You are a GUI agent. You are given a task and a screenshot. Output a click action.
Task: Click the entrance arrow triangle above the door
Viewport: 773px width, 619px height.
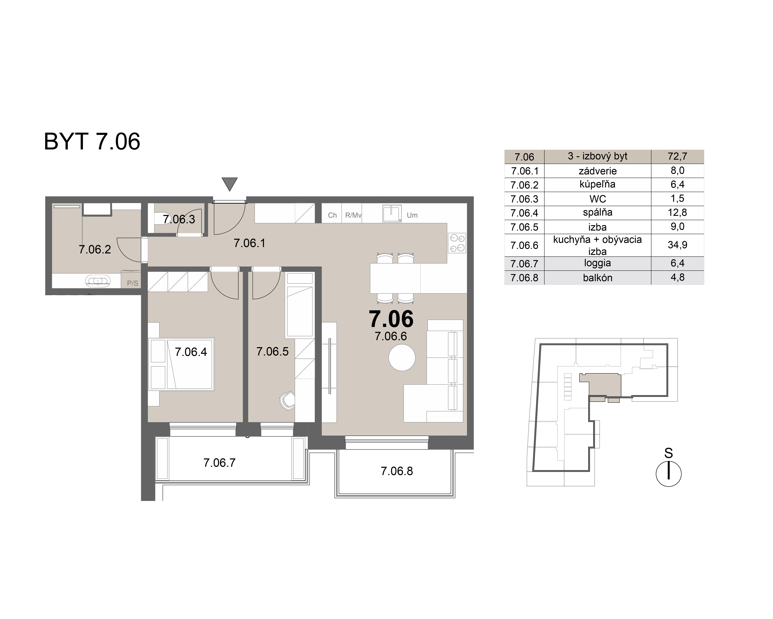[x=229, y=184]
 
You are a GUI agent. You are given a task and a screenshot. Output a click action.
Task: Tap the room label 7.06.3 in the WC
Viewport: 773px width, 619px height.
[x=179, y=219]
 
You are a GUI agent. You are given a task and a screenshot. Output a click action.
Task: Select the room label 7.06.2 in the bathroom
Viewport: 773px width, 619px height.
[x=95, y=249]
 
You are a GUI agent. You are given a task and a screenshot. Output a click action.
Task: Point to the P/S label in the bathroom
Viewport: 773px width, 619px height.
[x=132, y=283]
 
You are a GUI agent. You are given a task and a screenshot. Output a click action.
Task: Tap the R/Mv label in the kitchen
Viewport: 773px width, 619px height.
[x=353, y=215]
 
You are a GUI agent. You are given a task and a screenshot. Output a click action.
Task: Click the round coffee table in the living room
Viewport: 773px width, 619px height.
[x=402, y=357]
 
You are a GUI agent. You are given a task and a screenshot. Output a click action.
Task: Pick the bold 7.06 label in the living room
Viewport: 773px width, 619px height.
[x=391, y=319]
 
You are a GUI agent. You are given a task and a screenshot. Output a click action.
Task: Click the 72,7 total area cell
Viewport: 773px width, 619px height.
[x=677, y=156]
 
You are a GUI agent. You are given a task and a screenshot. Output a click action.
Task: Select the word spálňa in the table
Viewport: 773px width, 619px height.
[x=597, y=212]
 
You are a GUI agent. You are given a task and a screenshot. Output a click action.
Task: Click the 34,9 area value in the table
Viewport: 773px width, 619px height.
[x=677, y=245]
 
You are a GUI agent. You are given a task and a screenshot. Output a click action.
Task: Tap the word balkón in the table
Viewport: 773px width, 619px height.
[x=597, y=278]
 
